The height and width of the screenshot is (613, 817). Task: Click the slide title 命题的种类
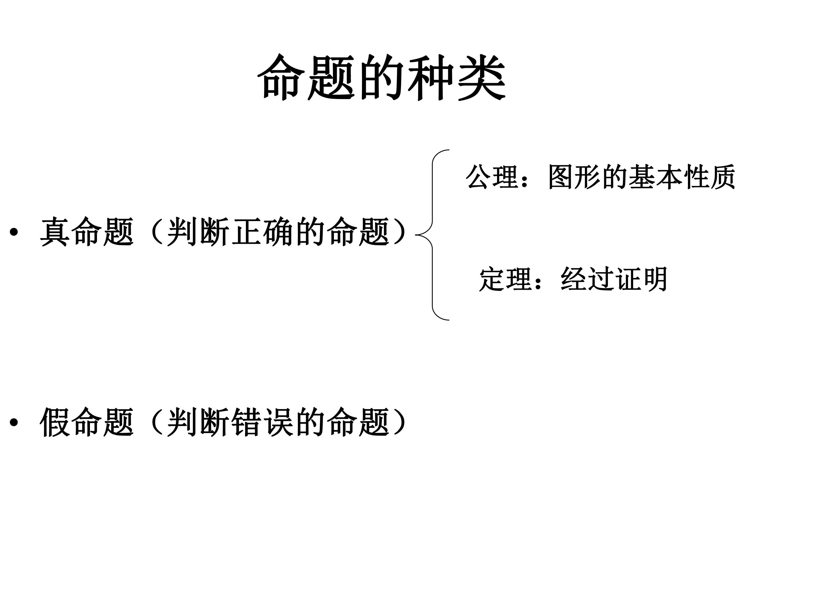tap(382, 77)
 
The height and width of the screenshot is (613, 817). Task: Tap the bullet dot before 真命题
tap(14, 232)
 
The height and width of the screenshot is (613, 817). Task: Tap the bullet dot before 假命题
tap(14, 422)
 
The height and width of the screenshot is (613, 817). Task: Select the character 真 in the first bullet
tap(55, 232)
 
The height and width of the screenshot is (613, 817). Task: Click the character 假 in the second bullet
tap(55, 422)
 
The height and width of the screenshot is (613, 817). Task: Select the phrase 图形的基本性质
tap(642, 177)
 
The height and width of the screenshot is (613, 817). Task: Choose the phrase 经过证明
tap(614, 279)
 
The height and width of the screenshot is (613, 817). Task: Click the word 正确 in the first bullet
tap(263, 232)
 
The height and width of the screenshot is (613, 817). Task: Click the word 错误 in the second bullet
tap(263, 422)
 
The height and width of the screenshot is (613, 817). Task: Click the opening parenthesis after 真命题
tap(157, 232)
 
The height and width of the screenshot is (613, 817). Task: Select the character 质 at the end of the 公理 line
tap(722, 177)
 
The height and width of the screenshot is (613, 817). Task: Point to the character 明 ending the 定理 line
tap(654, 279)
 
